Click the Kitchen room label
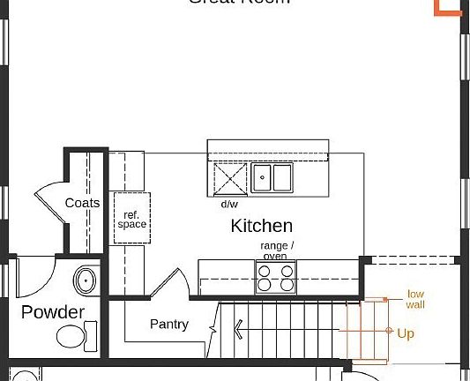click(x=261, y=226)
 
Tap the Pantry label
click(x=168, y=325)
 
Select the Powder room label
click(x=53, y=312)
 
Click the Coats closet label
click(x=82, y=203)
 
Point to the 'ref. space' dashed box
click(x=132, y=218)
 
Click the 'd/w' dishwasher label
click(x=229, y=204)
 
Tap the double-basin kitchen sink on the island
click(x=272, y=178)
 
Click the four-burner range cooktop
click(x=276, y=278)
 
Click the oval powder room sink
click(x=86, y=281)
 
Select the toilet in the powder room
click(x=72, y=335)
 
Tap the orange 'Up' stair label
click(x=406, y=333)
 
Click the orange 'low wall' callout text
click(x=415, y=299)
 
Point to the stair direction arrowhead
click(x=238, y=332)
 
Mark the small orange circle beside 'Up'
click(x=389, y=331)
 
